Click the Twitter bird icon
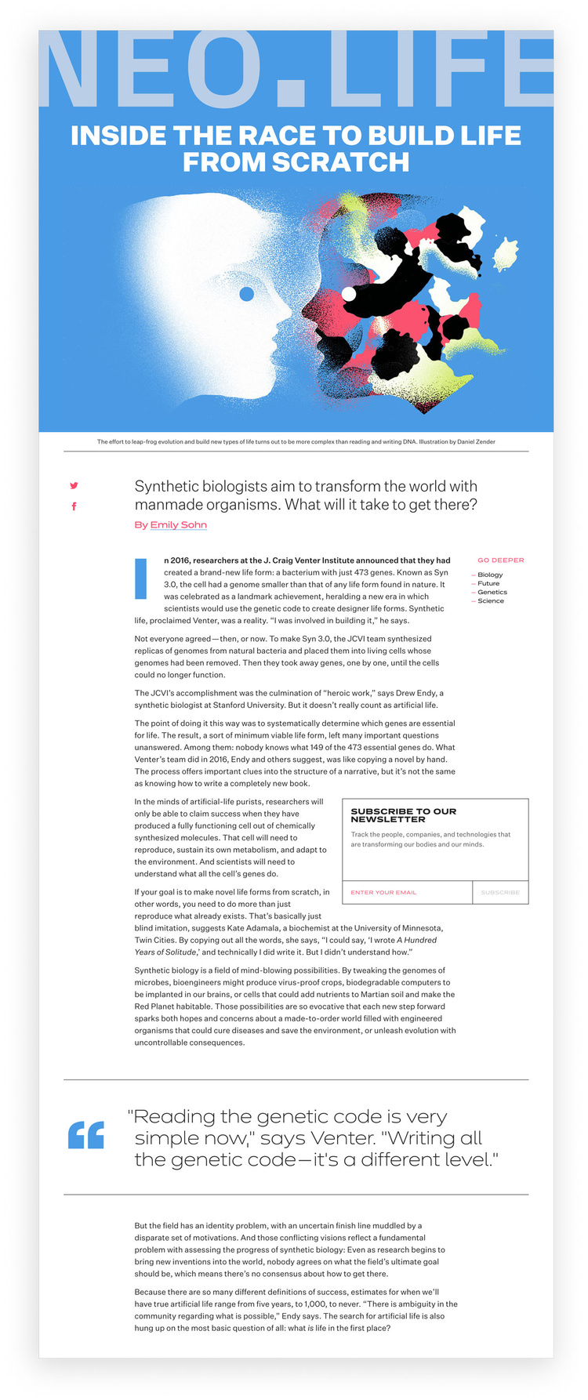[x=74, y=485]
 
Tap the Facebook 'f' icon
[x=74, y=506]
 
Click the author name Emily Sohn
[x=179, y=524]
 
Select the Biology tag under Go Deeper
[x=490, y=575]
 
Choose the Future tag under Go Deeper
[x=488, y=583]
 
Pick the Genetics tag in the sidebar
[x=492, y=592]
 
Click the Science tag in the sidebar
[x=491, y=600]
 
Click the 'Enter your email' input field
[x=407, y=892]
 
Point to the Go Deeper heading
[x=500, y=560]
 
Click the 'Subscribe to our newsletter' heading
[x=403, y=814]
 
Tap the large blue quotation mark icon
[x=86, y=1135]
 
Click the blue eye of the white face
[x=246, y=294]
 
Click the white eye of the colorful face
[x=349, y=294]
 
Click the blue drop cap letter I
[x=142, y=578]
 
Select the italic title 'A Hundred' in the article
[x=416, y=940]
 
